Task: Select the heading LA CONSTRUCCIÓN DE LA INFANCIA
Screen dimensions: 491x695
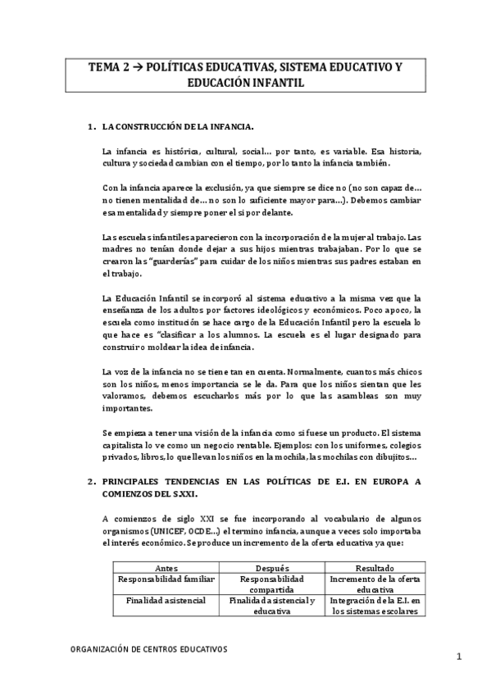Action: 177,127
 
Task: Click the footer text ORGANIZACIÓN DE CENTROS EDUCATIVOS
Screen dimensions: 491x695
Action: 148,648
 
